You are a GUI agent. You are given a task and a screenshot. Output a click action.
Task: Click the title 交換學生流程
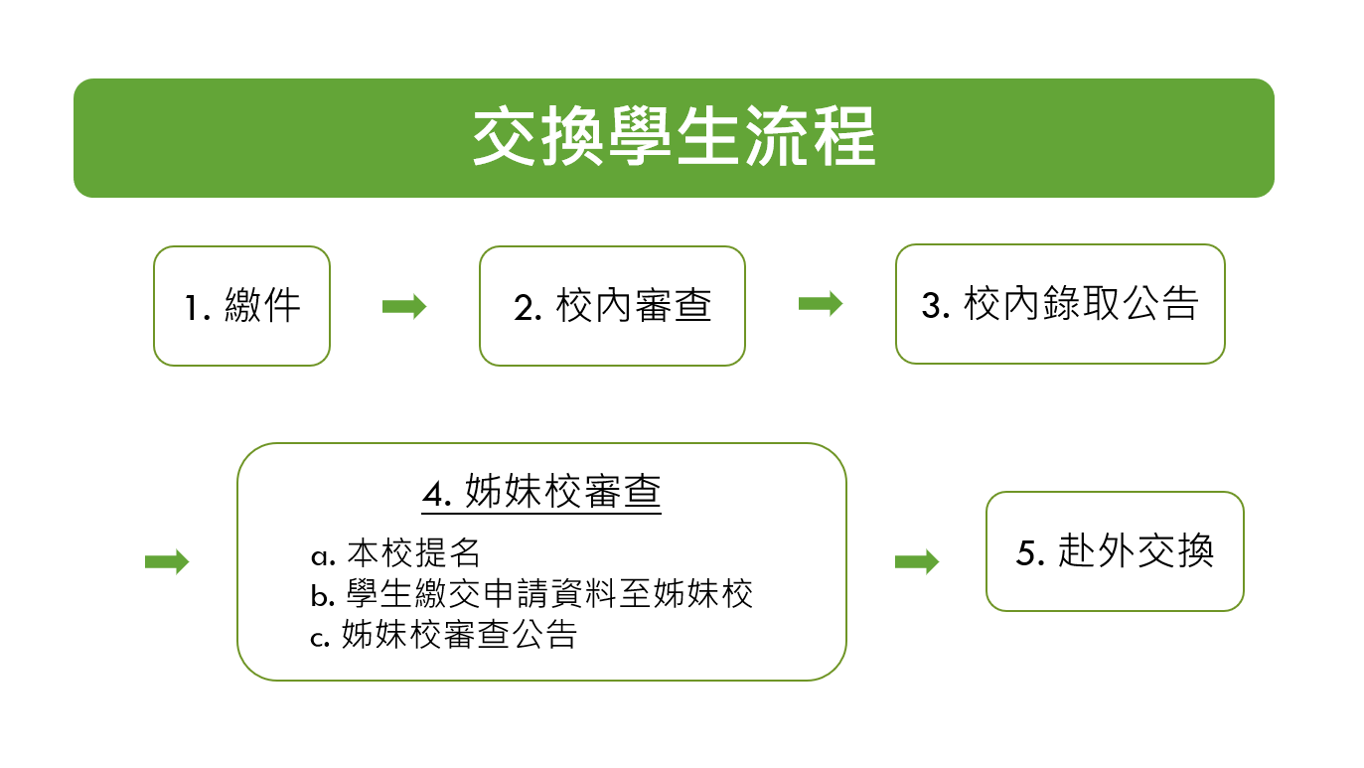[x=675, y=136]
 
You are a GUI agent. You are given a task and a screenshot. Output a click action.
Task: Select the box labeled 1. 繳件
[x=241, y=306]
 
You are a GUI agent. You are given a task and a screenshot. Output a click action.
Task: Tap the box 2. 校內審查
[x=612, y=306]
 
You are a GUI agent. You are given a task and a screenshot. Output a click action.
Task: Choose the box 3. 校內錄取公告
[x=1060, y=304]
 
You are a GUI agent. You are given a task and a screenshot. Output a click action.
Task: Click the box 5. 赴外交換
[x=1115, y=551]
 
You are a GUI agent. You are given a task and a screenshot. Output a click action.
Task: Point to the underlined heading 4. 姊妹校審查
[x=541, y=492]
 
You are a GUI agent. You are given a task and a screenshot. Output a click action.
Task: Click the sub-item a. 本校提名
[x=395, y=553]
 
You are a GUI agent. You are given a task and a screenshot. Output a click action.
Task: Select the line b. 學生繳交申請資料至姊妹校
[x=531, y=594]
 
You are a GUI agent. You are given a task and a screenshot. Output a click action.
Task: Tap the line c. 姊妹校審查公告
[x=443, y=635]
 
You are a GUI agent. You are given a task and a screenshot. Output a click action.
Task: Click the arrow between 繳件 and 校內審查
[x=404, y=306]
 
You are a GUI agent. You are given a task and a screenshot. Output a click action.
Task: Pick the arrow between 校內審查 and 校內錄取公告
[x=821, y=303]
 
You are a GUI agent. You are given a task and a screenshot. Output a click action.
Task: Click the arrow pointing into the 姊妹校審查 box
[x=167, y=561]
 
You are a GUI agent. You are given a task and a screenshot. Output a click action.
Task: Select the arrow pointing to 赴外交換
[x=917, y=561]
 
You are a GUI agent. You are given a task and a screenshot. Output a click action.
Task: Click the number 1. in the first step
[x=198, y=308]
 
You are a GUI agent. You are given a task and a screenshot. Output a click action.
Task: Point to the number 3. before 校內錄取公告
[x=936, y=306]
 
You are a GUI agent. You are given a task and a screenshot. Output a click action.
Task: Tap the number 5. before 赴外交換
[x=1030, y=553]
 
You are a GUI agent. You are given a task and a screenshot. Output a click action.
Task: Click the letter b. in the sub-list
[x=323, y=595]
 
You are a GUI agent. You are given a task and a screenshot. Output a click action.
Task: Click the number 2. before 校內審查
[x=528, y=308]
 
